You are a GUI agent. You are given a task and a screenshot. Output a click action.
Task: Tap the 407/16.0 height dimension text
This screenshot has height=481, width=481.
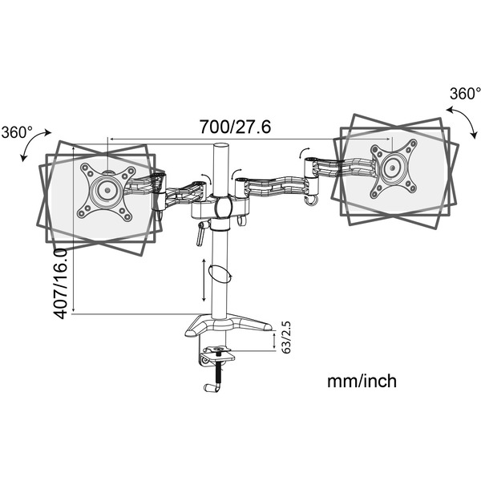point(61,284)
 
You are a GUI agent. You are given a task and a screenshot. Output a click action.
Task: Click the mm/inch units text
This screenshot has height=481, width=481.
point(361,381)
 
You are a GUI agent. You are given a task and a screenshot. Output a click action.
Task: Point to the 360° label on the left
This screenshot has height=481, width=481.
point(18,131)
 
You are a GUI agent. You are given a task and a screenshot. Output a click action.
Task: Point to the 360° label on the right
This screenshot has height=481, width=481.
point(464,94)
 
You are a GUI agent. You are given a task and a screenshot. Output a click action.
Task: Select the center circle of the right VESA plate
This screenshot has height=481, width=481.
point(393,168)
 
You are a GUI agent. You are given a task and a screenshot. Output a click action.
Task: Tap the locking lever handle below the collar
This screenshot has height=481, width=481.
point(201,235)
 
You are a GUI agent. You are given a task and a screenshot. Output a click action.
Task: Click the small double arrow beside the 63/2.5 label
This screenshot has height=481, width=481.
point(276,339)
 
